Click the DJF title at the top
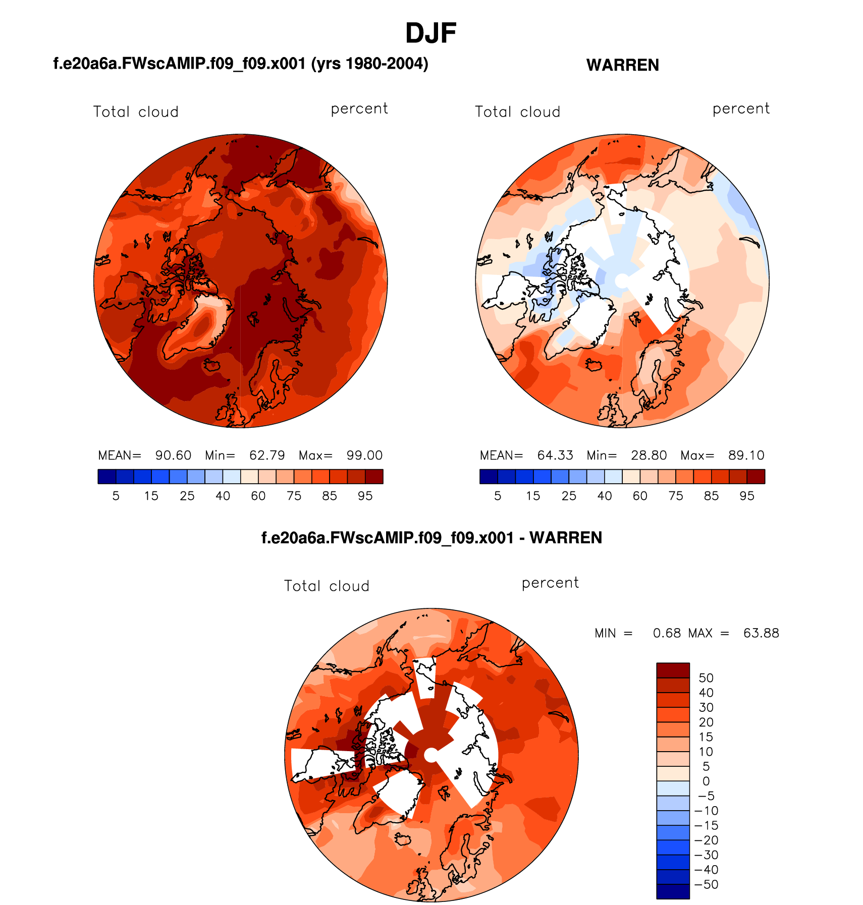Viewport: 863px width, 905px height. [430, 33]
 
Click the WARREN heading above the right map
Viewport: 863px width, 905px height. [622, 65]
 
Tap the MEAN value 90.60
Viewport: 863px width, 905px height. [173, 456]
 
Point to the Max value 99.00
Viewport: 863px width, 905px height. [364, 456]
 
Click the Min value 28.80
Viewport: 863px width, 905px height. [649, 456]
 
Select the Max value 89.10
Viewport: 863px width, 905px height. [746, 456]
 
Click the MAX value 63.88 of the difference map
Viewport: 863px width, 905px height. [761, 633]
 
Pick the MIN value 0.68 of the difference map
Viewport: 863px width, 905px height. [667, 633]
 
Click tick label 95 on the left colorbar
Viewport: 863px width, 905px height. [365, 496]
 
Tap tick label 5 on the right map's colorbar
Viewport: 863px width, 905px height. [498, 496]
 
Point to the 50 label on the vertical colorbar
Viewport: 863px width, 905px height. [706, 678]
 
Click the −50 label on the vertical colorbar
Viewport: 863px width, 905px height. [706, 884]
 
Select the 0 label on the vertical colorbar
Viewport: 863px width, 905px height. [706, 781]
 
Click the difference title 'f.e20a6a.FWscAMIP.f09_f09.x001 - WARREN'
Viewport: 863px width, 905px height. [431, 538]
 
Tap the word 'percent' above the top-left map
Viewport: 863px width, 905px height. [359, 109]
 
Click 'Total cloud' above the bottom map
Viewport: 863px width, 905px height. [327, 586]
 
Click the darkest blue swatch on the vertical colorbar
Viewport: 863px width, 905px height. [673, 891]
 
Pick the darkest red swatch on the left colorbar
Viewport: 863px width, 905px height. [374, 477]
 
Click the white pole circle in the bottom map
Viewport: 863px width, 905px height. [431, 755]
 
